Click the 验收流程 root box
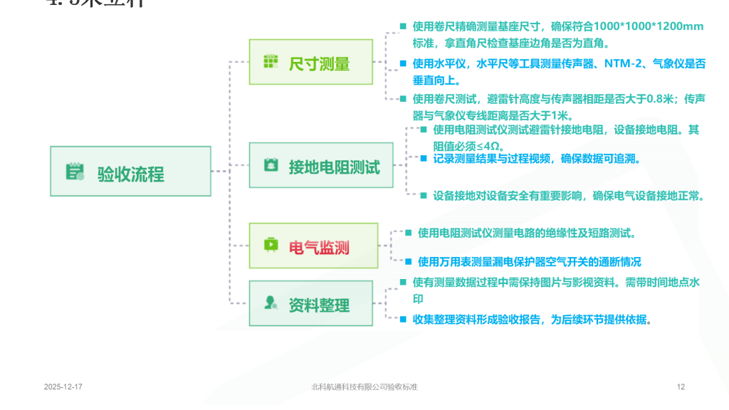(130, 172)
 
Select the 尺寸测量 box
(310, 63)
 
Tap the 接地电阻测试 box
(321, 166)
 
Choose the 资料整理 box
(310, 304)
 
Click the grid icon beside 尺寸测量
(271, 62)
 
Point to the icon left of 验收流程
(75, 172)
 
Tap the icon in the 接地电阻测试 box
(271, 165)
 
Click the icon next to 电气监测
(271, 246)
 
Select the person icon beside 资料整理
(271, 303)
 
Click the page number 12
(681, 387)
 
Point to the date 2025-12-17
(63, 387)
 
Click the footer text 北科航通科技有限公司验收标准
(364, 387)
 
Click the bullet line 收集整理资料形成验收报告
(532, 320)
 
